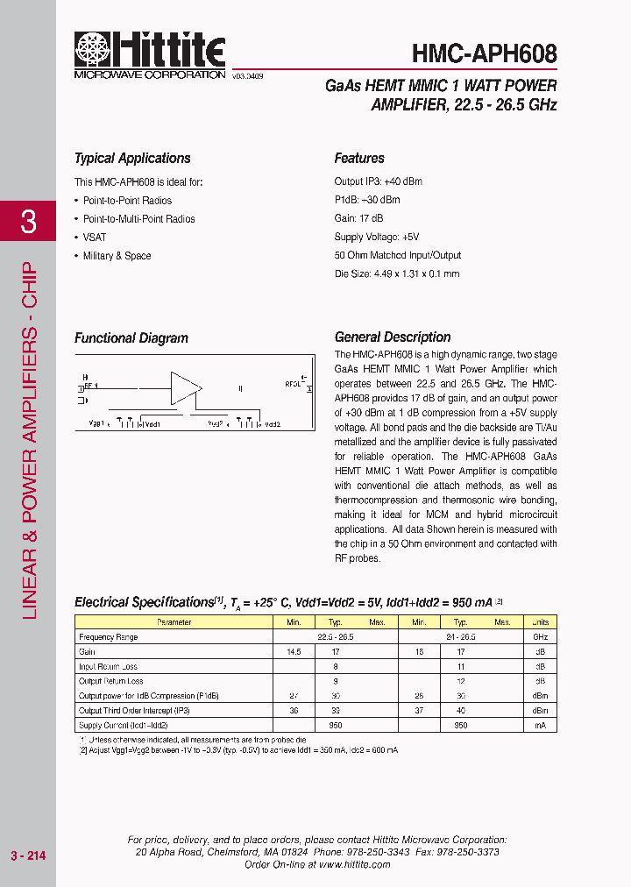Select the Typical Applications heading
(x=132, y=159)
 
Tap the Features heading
(x=359, y=159)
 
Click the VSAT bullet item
(x=95, y=238)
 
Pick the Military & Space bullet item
(x=117, y=256)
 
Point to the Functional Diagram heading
(x=131, y=338)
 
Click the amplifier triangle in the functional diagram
(x=185, y=387)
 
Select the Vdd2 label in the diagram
(x=271, y=424)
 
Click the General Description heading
(x=393, y=337)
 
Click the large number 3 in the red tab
(x=28, y=222)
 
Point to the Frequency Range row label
(x=108, y=637)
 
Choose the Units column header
(x=540, y=622)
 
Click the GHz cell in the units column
(x=540, y=637)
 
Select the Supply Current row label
(x=123, y=726)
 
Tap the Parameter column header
(x=174, y=622)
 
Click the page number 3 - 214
(x=27, y=855)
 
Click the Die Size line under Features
(x=397, y=274)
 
